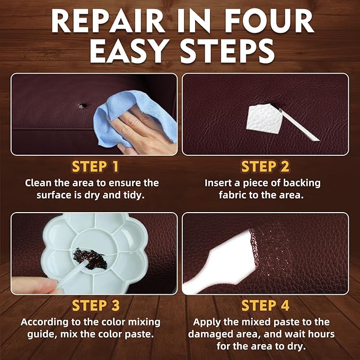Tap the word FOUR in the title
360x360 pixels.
tap(273, 21)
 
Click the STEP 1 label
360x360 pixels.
tap(95, 166)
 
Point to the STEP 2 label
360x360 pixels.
tap(265, 166)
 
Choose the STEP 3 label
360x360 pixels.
tap(95, 305)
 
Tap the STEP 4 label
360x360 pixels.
tap(265, 305)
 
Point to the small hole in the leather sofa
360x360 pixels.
tap(82, 106)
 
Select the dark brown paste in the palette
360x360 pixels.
tap(91, 260)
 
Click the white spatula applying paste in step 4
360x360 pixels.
tap(217, 265)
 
